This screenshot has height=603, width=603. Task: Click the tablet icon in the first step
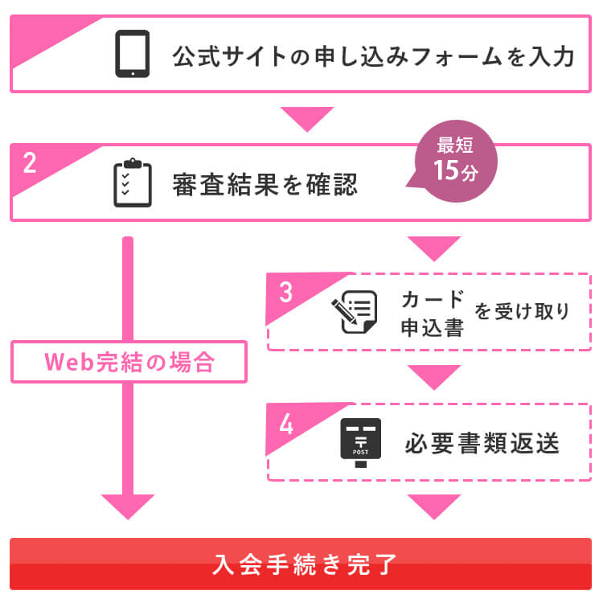(133, 54)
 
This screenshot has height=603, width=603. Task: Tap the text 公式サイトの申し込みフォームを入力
(373, 58)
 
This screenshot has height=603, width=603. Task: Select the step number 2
(31, 163)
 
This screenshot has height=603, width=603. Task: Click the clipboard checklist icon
(133, 183)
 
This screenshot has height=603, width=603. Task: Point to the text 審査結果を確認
(265, 186)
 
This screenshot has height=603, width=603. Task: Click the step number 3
(286, 293)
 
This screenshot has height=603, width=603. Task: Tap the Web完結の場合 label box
(129, 362)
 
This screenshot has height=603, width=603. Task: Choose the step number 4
(286, 424)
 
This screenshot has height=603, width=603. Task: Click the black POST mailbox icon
(360, 442)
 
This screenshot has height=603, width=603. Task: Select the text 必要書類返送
(482, 444)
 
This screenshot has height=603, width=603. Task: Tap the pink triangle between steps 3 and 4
(434, 375)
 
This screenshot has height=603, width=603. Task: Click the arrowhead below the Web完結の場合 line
(128, 506)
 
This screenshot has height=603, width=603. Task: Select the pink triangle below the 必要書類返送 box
(434, 506)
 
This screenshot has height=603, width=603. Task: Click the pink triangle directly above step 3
(434, 247)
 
